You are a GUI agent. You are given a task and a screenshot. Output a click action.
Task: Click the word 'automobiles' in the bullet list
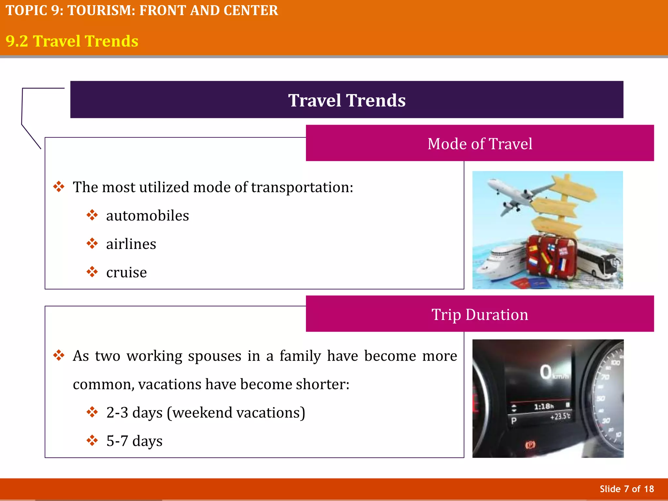tap(147, 216)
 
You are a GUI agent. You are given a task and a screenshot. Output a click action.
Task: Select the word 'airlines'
tap(131, 244)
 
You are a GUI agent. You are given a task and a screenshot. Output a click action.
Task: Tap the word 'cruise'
tap(127, 273)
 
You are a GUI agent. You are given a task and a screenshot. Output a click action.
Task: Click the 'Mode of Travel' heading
tap(480, 144)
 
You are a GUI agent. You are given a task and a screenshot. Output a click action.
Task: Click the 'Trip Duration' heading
tap(480, 314)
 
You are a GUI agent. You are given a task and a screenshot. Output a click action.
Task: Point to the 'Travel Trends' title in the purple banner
tap(347, 100)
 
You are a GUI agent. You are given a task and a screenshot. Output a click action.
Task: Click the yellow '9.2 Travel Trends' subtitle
tap(72, 41)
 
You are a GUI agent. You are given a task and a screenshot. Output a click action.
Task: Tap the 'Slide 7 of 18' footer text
tap(627, 489)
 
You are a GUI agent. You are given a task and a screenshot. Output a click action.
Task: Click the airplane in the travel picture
tap(515, 196)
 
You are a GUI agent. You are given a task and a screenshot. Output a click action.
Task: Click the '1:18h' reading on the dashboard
tap(544, 406)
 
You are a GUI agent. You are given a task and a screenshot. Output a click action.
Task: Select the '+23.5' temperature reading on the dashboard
tap(560, 417)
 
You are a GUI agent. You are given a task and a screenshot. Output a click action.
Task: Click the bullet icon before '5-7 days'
tap(92, 441)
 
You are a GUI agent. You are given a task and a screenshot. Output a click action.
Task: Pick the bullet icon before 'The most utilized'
tap(59, 187)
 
